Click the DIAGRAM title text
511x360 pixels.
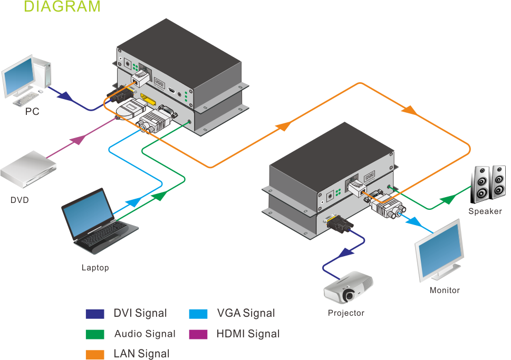click(62, 7)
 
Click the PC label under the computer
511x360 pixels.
click(32, 112)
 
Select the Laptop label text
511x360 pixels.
click(95, 268)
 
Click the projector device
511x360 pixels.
click(348, 287)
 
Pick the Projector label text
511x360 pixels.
click(346, 313)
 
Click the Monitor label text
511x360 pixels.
click(444, 290)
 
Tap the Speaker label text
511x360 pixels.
click(485, 211)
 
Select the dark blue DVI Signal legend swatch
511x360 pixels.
click(95, 314)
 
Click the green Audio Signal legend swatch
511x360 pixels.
click(95, 334)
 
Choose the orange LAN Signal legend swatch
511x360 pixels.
click(95, 354)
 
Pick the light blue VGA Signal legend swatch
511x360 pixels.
click(198, 314)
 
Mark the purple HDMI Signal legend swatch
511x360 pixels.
click(198, 334)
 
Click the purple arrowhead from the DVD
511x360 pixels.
click(78, 140)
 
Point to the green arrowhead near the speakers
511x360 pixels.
click(447, 200)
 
